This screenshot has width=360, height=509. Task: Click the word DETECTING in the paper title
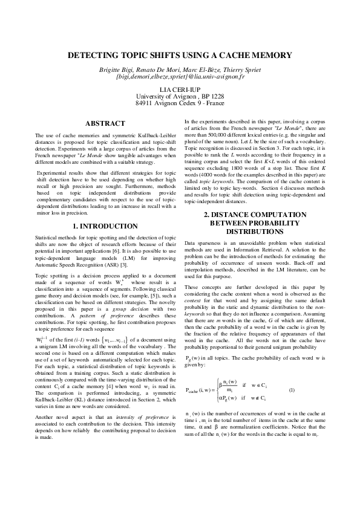[94, 55]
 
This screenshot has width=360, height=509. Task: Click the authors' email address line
[180, 78]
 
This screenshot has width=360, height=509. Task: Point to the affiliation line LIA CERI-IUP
[180, 89]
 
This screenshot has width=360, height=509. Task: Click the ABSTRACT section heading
[105, 123]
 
